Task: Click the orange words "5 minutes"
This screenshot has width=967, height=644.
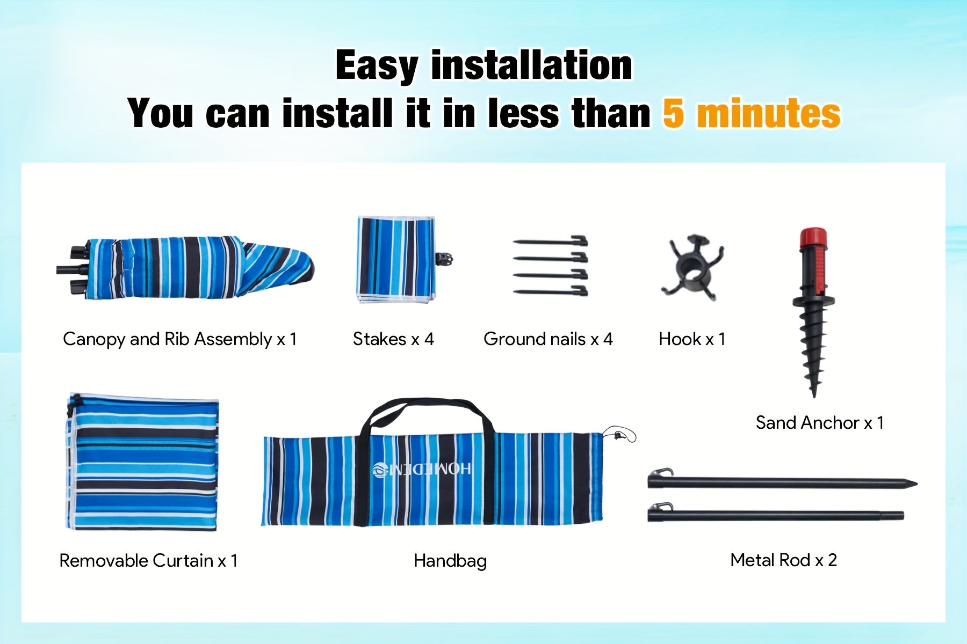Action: pos(752,113)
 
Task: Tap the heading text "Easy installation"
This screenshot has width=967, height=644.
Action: pos(484,65)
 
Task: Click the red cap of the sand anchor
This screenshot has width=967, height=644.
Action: pos(813,237)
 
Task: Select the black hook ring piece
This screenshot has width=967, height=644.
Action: pos(692,268)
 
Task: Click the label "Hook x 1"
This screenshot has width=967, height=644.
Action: pos(692,339)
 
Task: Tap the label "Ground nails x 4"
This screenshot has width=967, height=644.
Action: pos(548,339)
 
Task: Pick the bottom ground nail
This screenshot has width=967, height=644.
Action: pos(551,292)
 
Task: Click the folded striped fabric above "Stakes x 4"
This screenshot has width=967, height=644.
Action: pos(396,259)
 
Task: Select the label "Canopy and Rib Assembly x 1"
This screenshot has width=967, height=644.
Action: pos(179,339)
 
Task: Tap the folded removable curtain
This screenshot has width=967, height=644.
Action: pos(142,463)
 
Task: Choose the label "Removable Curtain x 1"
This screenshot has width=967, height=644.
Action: pos(148,561)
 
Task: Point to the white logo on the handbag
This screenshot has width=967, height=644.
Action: pos(422,469)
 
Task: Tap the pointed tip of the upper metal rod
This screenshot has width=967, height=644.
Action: pos(915,484)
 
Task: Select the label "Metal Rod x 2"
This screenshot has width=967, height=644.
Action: pos(784,560)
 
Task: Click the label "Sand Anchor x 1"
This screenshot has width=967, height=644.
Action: pos(820,423)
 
